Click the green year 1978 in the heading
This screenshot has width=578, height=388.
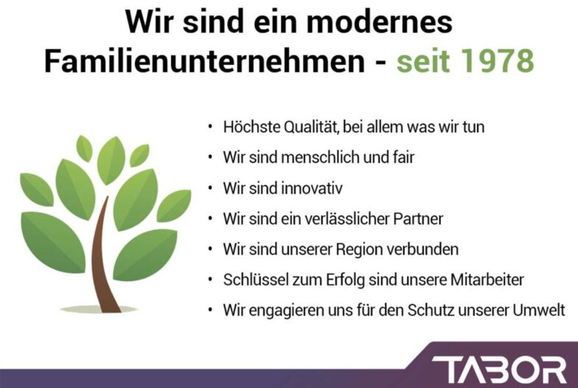[x=497, y=60]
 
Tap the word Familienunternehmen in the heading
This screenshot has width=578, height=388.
[x=205, y=60]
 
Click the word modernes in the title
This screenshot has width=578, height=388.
[x=379, y=21]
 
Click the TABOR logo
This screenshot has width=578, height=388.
[x=499, y=370]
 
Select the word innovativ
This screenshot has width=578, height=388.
[x=312, y=188]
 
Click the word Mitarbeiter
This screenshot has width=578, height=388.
[x=487, y=280]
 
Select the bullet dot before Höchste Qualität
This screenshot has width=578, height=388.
[x=210, y=127]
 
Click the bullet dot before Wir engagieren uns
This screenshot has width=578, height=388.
[x=210, y=310]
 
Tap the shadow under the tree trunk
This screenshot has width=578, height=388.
[x=99, y=309]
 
